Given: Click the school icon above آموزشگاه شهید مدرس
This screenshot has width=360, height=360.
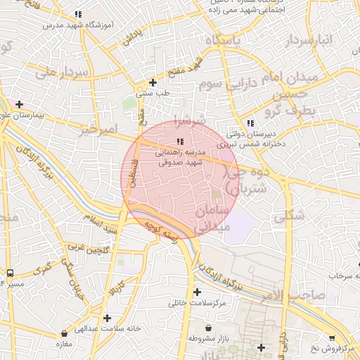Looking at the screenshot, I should click(79, 14).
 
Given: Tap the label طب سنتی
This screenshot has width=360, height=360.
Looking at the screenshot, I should click(153, 93).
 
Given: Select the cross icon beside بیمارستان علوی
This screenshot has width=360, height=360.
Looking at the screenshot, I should click(19, 104).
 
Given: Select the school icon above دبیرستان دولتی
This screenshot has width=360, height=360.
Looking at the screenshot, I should click(250, 123).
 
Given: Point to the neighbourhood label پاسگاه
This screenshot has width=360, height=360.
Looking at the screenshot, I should click(223, 41).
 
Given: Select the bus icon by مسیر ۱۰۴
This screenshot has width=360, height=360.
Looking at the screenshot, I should click(10, 273).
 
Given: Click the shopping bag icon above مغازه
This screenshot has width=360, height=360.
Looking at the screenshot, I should click(65, 333).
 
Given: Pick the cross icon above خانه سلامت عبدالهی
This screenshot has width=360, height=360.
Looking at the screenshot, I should click(107, 318).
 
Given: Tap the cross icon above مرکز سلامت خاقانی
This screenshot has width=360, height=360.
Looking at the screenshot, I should click(197, 292).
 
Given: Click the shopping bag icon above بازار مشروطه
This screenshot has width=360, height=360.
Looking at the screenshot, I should click(209, 328).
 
